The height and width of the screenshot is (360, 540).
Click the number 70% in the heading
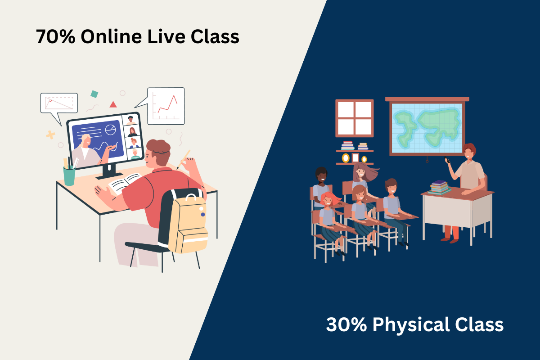[56, 36]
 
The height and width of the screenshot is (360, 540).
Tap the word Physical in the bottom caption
[411, 325]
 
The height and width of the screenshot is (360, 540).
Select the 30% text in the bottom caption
[346, 324]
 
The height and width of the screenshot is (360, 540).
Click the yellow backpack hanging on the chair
[188, 224]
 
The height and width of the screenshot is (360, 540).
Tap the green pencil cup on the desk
[69, 176]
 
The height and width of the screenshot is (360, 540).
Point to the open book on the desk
[124, 183]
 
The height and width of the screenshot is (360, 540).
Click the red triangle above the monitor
[113, 104]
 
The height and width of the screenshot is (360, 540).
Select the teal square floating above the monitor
[94, 94]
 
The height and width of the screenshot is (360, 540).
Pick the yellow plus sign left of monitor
[50, 135]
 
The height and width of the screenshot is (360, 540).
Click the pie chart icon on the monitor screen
[111, 130]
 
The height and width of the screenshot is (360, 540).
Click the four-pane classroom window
[355, 118]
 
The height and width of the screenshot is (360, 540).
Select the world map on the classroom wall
[427, 128]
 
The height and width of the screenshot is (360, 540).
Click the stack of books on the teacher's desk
[439, 187]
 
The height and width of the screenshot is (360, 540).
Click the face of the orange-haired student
[328, 201]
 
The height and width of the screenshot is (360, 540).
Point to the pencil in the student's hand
[184, 160]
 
